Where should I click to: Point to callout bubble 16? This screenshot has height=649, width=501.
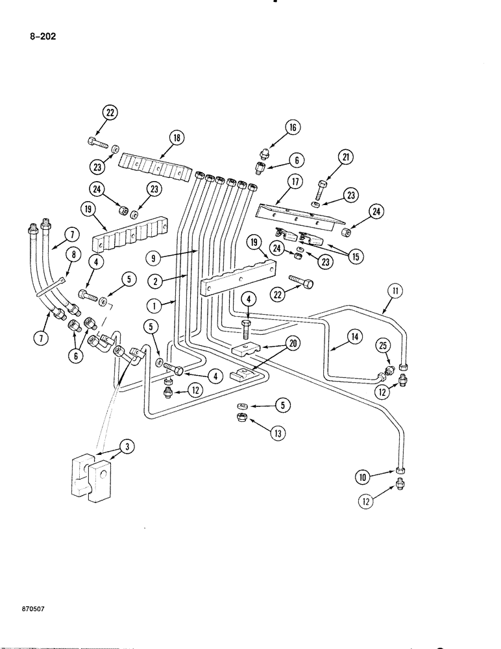(292, 128)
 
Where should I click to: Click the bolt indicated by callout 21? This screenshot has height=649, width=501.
(323, 188)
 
